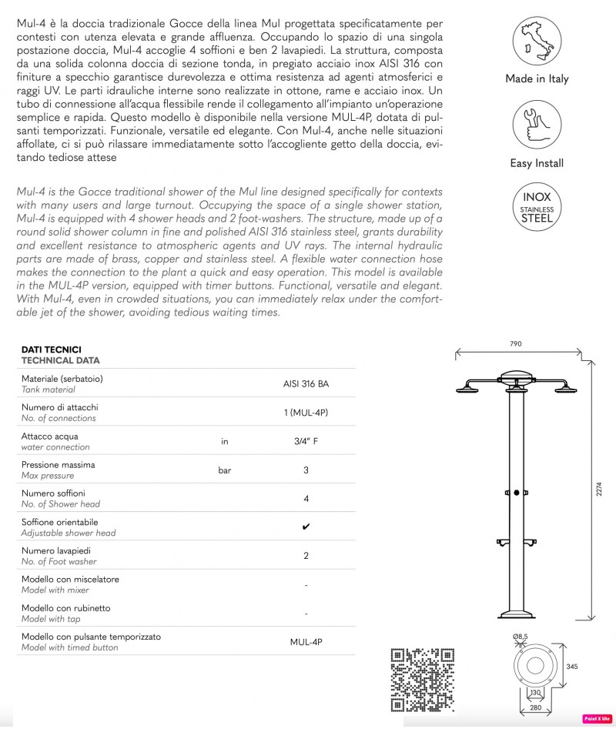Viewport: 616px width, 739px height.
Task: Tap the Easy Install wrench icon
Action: pos(537,127)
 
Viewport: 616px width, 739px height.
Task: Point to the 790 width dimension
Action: pos(516,343)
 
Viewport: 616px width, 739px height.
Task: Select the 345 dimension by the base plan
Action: pos(571,667)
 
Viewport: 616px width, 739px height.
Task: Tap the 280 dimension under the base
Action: pos(536,707)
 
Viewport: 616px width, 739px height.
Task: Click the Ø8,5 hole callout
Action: pos(520,637)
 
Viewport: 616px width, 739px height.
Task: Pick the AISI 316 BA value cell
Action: pos(306,383)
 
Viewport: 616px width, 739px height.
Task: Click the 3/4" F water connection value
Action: pos(306,441)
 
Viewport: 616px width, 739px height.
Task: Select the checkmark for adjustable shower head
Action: pos(306,527)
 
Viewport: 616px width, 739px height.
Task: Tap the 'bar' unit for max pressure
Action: pos(225,470)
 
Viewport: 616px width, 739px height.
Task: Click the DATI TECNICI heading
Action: pos(51,349)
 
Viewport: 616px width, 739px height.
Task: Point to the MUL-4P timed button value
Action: pos(306,642)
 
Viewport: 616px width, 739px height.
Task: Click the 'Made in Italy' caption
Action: pos(537,79)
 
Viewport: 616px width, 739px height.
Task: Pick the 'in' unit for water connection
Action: pos(225,441)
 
